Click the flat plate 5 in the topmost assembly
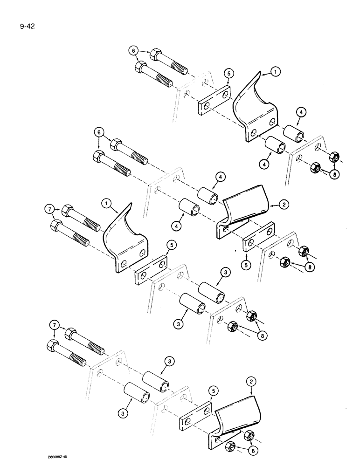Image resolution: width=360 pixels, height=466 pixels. (x=213, y=103)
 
